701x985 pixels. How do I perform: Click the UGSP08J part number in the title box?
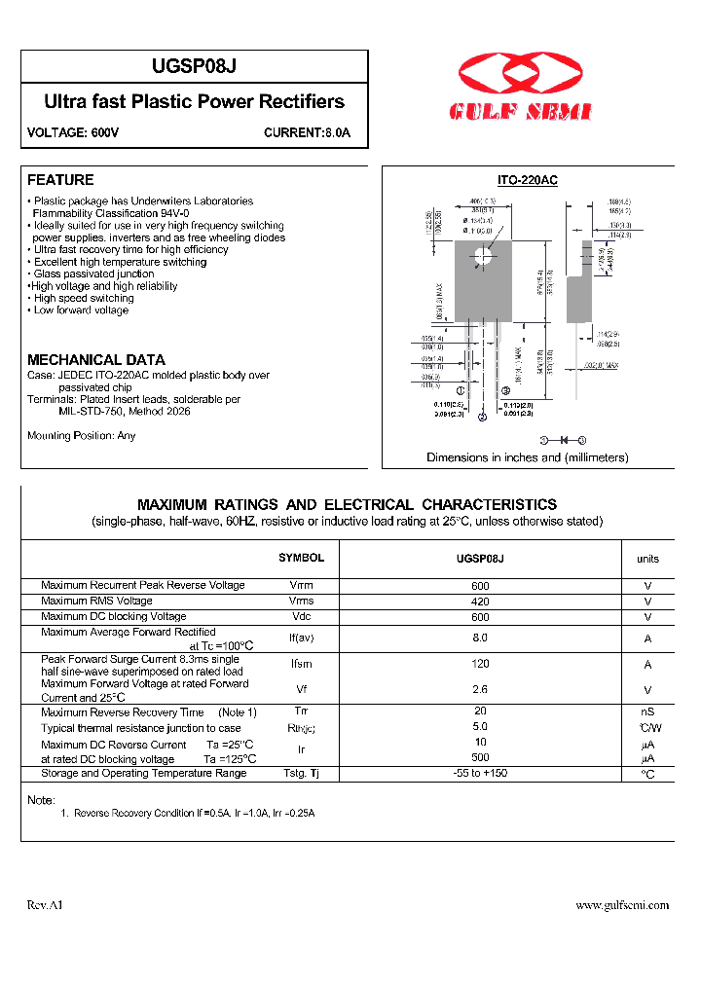coord(194,66)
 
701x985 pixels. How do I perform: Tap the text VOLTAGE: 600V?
coord(73,132)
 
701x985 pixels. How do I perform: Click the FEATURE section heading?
coord(60,180)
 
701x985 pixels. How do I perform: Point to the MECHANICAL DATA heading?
coord(96,359)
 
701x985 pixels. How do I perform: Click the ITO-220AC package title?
coord(527,180)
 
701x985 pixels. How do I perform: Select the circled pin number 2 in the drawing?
coord(482,419)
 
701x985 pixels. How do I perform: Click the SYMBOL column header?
coord(301,558)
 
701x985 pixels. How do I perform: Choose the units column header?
coord(647,559)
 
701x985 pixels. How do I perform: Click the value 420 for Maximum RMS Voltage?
coord(480,602)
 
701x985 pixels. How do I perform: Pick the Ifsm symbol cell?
coord(301,665)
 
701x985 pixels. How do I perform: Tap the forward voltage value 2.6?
coord(480,689)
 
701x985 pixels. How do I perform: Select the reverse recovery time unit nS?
coord(647,712)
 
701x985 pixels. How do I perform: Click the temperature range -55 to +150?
coord(480,774)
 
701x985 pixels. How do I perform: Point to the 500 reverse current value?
coord(480,757)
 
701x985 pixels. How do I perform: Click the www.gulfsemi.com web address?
coord(622,905)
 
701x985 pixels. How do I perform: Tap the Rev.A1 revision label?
coord(45,905)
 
